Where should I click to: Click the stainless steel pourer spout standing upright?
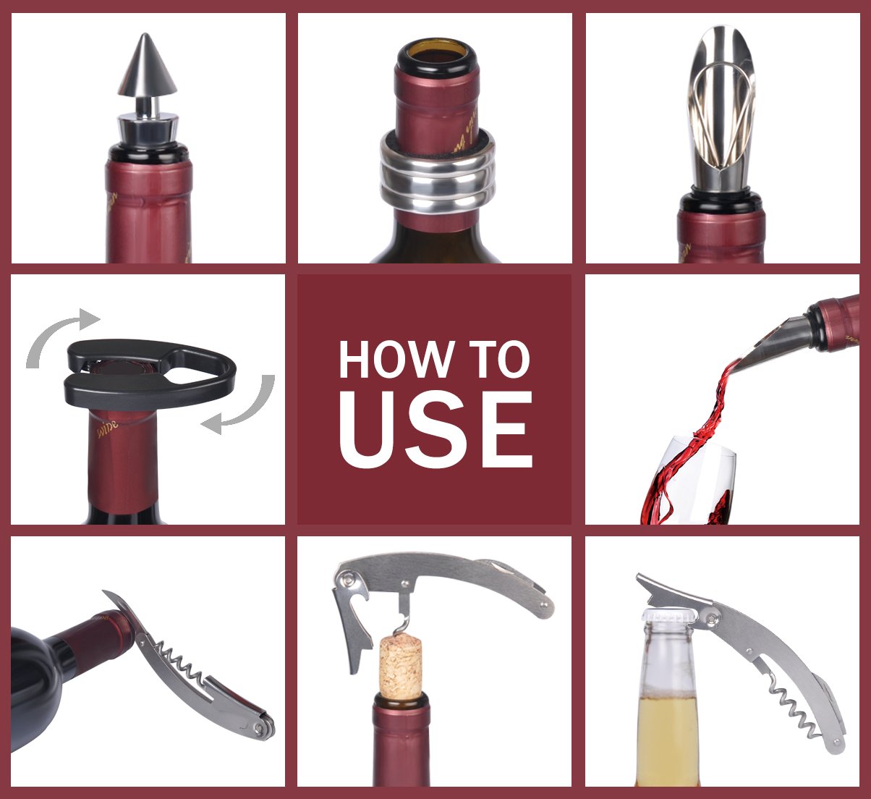tap(721, 109)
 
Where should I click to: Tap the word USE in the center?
tap(435, 432)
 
